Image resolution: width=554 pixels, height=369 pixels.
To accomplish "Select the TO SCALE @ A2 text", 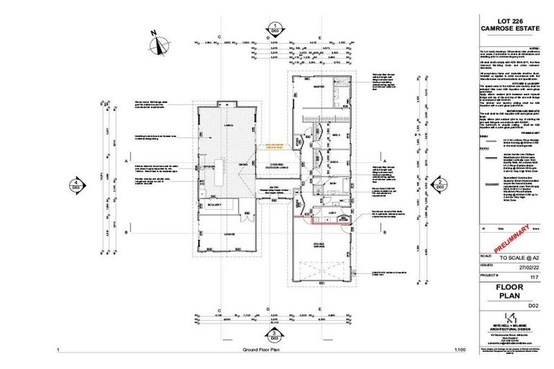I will (518, 257).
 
